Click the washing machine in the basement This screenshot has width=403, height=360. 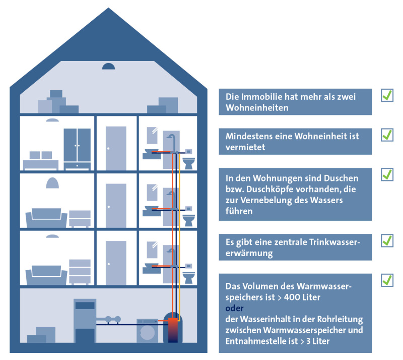coord(147,331)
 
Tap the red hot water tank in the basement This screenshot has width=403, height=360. coord(173,330)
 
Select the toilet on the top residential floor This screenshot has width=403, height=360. coord(188,163)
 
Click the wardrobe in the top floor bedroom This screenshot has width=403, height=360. coord(77,149)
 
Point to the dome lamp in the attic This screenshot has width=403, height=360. coord(108,67)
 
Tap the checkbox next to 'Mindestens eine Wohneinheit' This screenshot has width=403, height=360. coord(387,135)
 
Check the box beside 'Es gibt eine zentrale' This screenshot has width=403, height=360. coord(387,241)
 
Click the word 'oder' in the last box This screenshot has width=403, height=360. coord(234,308)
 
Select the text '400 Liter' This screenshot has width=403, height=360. coord(302,297)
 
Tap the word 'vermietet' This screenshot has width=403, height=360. coord(245,147)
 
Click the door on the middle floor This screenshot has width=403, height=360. coord(116,206)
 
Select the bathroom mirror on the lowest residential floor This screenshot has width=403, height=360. coord(152,250)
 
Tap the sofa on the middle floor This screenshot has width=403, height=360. coord(46,218)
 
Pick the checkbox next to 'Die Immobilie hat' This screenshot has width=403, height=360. coord(387,95)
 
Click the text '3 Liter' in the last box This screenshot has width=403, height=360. coord(318,341)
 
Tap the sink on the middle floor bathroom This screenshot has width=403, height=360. coord(152,211)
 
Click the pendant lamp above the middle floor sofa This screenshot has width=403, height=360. coord(52,183)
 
